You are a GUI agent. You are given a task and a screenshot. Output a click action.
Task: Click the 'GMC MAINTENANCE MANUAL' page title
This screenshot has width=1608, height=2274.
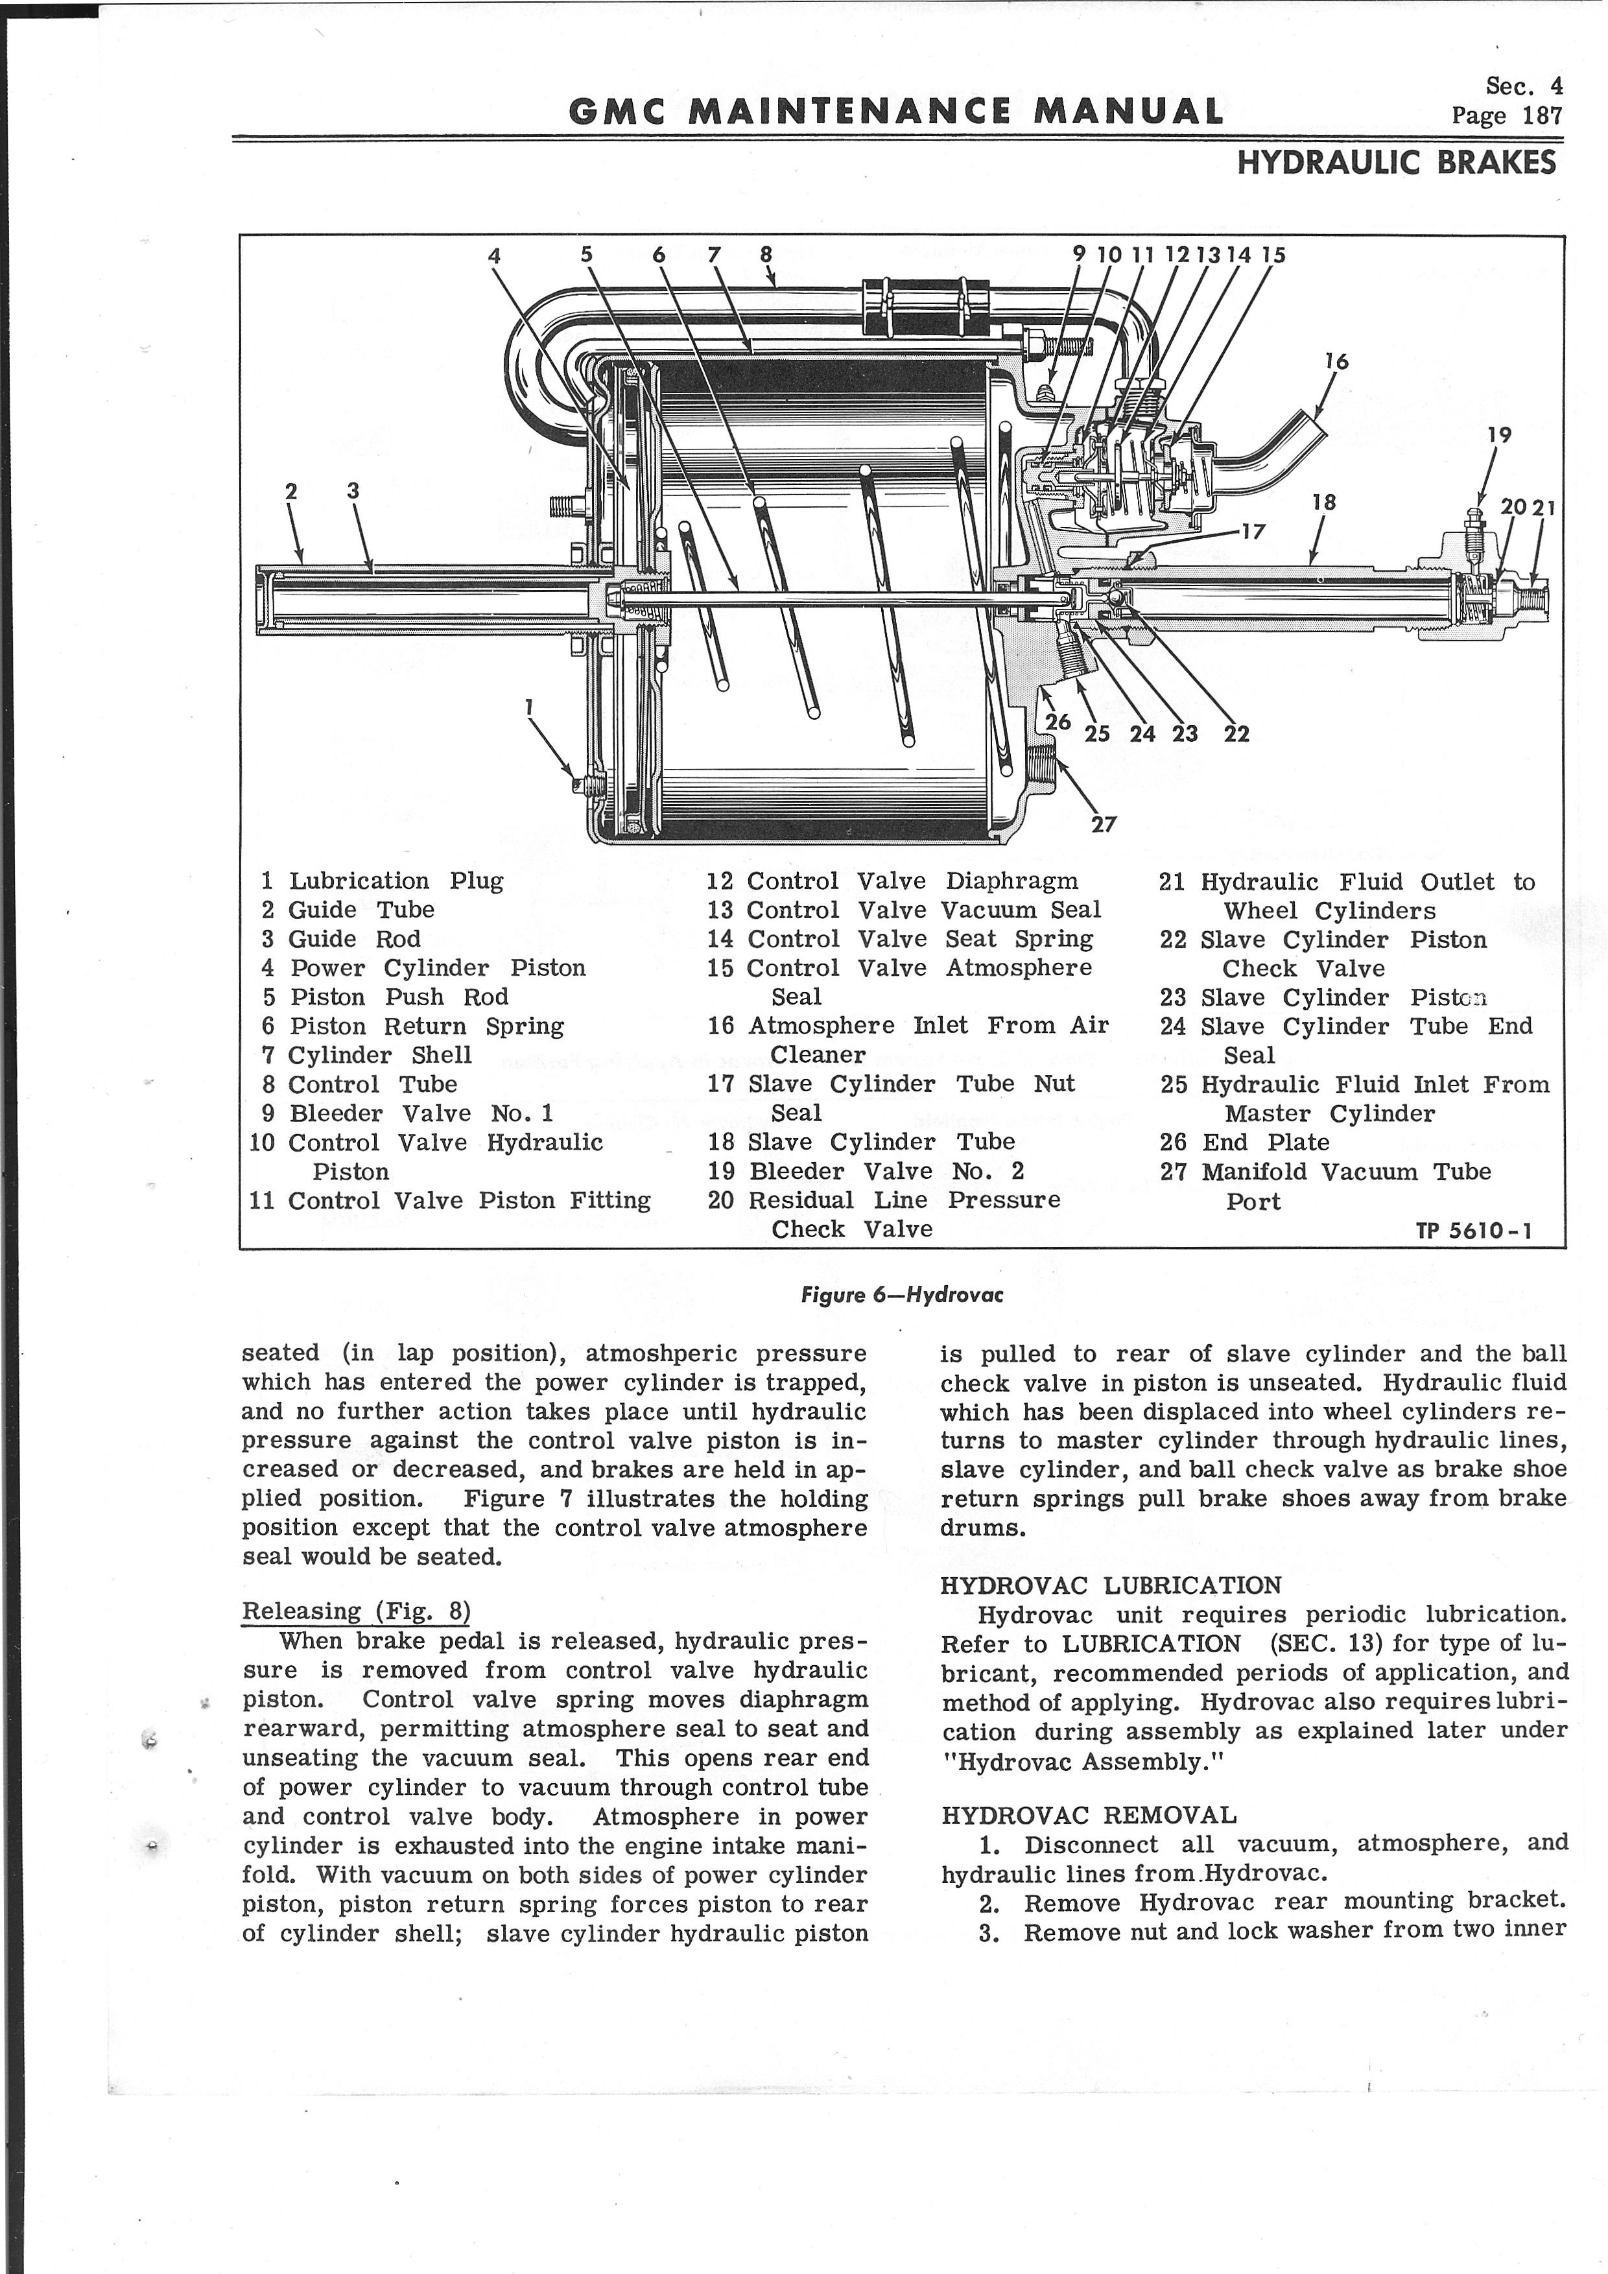[x=896, y=110]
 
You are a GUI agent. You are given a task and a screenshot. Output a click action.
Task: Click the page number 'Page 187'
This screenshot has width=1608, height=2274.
[x=1506, y=116]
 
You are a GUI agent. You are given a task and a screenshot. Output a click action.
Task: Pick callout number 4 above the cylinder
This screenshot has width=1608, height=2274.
[x=494, y=255]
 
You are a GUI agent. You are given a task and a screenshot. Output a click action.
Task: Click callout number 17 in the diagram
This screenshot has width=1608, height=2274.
[x=1253, y=532]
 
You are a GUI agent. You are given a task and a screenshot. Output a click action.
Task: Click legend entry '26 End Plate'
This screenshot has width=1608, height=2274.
[x=1245, y=1142]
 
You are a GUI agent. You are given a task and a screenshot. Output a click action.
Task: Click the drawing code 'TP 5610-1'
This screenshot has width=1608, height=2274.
[x=1473, y=1231]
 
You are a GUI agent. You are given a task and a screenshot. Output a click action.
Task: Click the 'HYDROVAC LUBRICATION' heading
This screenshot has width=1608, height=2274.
[x=1110, y=1585]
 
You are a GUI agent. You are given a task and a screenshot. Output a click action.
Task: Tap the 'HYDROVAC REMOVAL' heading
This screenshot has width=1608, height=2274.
[x=1088, y=1816]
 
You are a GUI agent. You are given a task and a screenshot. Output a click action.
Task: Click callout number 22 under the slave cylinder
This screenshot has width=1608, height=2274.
[x=1236, y=734]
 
